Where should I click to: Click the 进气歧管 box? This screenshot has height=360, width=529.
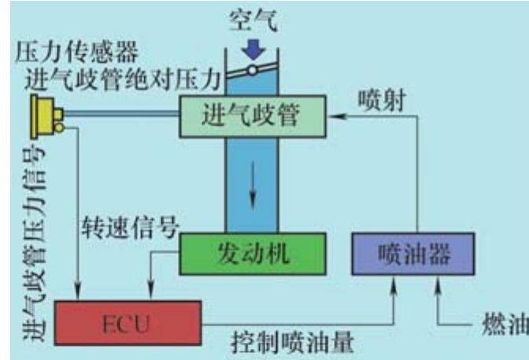(251, 117)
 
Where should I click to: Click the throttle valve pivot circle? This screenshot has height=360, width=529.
(252, 70)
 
